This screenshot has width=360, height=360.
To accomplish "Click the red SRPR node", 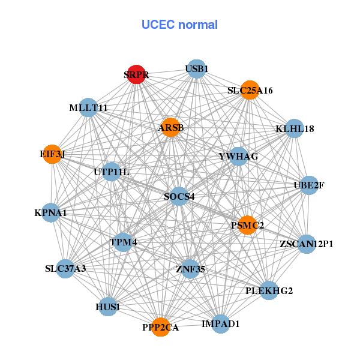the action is pos(137,74).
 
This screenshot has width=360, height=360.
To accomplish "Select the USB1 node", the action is pos(196,69).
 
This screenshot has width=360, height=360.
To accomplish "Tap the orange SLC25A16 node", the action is pos(250,90).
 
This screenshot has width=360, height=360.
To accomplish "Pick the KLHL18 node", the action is pos(293,128).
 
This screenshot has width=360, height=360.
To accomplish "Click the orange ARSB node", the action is pos(171,127).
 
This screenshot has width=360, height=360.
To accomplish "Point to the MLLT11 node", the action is pos(88,108).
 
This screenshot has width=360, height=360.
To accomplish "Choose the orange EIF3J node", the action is pos(53,154).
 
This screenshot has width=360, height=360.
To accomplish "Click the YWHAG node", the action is pos(238,157).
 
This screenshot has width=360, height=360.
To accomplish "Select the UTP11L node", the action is pos(112,172).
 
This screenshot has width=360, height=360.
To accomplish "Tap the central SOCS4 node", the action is pos(179,196).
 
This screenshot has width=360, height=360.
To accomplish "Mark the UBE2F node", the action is pos(308,185).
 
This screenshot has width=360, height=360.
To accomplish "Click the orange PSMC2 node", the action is pos(247,225).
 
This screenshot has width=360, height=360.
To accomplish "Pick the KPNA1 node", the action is pos(51,212).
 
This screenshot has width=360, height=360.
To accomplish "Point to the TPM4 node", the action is pos(124,242).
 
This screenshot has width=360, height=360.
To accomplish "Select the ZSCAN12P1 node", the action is pos(306,244).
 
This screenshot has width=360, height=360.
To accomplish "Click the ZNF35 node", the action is pos(190,269).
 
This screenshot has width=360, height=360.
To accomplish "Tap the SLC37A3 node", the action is pos(66,268).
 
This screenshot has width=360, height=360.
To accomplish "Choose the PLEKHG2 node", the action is pos(269,291).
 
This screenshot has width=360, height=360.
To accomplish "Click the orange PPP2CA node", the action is pos(160,327).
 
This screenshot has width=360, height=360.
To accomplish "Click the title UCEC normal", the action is pos(179,25).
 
